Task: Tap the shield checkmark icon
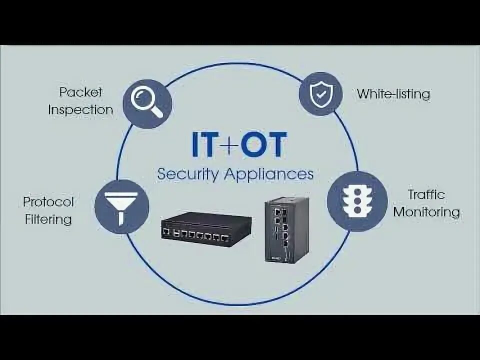coord(319,93)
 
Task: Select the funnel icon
coord(121,205)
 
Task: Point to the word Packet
coord(80,92)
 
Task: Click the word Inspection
coord(80,109)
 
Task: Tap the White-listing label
coord(393,93)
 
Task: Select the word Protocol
coord(48,202)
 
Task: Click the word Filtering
coord(48,219)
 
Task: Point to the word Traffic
coord(426,194)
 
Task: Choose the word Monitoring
coord(426,211)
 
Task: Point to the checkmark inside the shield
coord(319,93)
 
